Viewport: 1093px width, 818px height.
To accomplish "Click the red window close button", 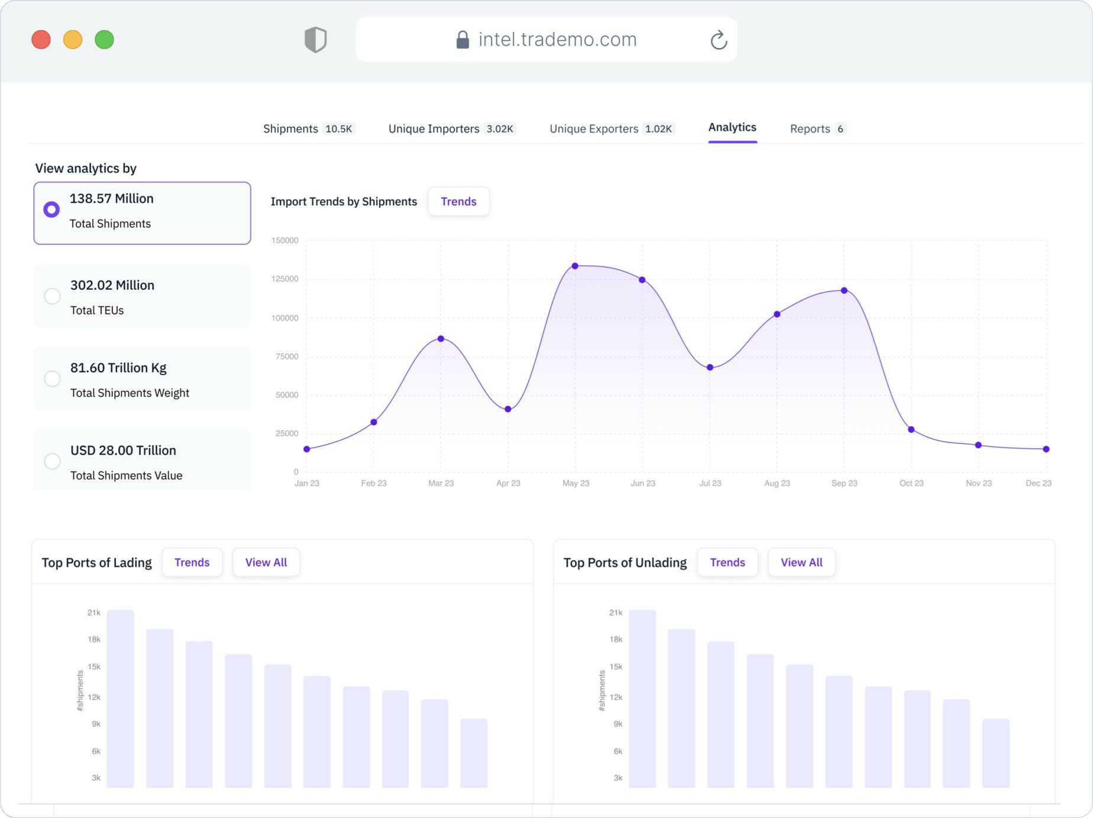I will [x=41, y=40].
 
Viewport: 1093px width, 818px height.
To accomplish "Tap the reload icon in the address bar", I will [x=718, y=40].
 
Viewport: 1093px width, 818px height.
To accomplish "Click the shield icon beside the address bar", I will [x=315, y=40].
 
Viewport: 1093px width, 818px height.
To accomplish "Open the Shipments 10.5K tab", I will [x=308, y=129].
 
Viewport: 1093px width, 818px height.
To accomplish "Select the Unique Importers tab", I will [x=451, y=129].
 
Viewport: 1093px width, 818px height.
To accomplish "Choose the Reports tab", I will [x=817, y=129].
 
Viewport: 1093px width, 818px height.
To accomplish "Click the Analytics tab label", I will [x=732, y=127].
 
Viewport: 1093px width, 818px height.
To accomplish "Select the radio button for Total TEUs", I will [x=52, y=296].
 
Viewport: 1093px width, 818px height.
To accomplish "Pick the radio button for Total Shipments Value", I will [x=52, y=461].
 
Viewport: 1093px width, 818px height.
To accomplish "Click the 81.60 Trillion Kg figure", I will [x=118, y=368].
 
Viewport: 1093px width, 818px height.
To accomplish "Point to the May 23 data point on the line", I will [x=575, y=266].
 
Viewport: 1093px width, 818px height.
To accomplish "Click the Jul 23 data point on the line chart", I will [x=710, y=367].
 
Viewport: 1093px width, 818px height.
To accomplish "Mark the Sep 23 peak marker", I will [x=844, y=290].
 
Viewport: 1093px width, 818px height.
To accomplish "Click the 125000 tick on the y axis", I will [x=285, y=279].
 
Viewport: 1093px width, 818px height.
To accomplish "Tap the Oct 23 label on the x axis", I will [x=911, y=483].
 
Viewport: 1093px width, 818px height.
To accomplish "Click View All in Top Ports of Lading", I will [x=266, y=562].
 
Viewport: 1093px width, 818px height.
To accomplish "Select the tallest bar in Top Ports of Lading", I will [x=121, y=699].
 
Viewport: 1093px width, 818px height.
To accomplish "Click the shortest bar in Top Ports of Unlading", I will [x=995, y=753].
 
